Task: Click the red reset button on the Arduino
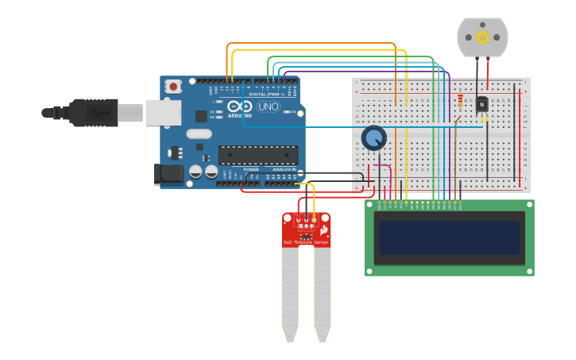tap(174, 86)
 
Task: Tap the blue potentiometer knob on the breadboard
tap(373, 138)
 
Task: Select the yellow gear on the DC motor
tap(482, 37)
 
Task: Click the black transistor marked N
tap(481, 105)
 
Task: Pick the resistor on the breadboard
tap(460, 101)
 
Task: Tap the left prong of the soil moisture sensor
tap(289, 294)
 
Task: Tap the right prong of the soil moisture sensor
tap(322, 294)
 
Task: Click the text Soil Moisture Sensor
tap(306, 242)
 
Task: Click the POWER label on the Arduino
tap(251, 169)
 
